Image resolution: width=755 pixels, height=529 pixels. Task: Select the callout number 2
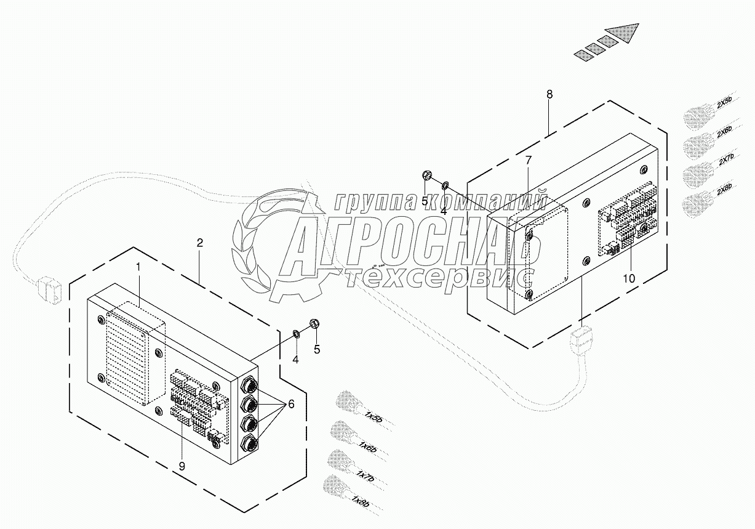click(199, 243)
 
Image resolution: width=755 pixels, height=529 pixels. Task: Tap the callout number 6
click(291, 404)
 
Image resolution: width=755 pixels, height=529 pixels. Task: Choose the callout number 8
click(549, 94)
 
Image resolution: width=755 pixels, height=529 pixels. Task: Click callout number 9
click(182, 466)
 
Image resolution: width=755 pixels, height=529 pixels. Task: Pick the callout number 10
click(628, 278)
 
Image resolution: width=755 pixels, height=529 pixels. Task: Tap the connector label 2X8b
click(724, 191)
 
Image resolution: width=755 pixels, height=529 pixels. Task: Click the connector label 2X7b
click(726, 161)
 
